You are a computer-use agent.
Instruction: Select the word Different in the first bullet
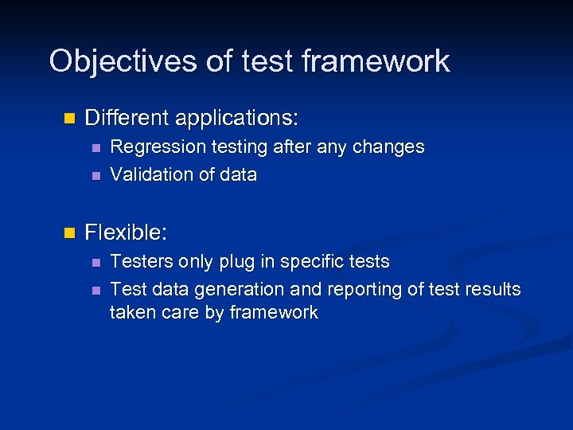tap(127, 119)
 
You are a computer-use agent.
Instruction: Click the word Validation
tap(146, 174)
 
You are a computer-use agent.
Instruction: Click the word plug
tap(230, 262)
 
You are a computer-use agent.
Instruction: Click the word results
tap(492, 289)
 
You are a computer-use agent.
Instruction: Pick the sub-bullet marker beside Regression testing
tap(95, 148)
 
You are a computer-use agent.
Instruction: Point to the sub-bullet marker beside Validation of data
tap(95, 175)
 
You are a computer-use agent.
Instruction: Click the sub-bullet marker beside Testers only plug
tap(95, 262)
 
